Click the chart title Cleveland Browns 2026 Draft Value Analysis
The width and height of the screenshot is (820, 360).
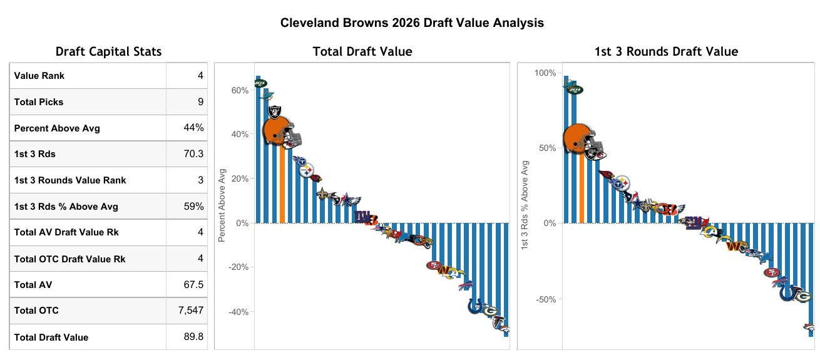click(x=412, y=23)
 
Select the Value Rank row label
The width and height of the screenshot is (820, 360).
click(x=39, y=76)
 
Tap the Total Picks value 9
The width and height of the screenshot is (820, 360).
click(x=200, y=101)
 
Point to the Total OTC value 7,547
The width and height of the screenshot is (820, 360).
click(x=191, y=310)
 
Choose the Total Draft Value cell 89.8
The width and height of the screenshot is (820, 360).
click(x=193, y=337)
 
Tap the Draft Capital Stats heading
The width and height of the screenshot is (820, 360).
click(x=108, y=52)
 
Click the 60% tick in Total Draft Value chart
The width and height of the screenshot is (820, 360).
click(x=240, y=90)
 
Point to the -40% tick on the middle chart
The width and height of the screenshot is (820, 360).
click(x=238, y=312)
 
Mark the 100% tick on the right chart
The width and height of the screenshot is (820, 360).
click(x=545, y=73)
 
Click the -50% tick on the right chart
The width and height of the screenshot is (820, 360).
click(x=545, y=299)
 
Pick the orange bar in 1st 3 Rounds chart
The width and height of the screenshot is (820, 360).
click(x=582, y=188)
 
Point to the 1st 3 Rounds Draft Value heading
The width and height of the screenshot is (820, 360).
click(x=666, y=52)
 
